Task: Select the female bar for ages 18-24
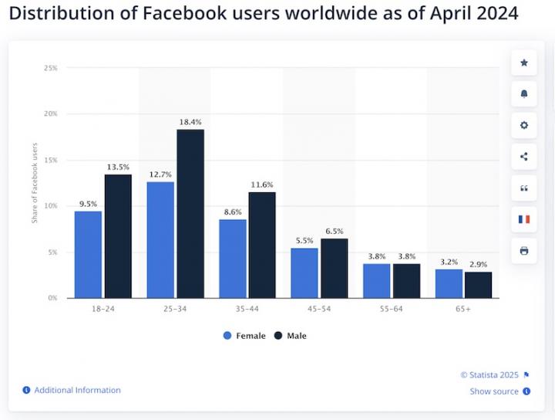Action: click(x=88, y=255)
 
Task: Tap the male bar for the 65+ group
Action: click(x=478, y=285)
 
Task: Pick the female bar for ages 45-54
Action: click(x=304, y=273)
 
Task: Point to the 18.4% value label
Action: click(x=190, y=122)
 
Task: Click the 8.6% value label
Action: click(x=232, y=212)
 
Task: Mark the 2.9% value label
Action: click(x=478, y=264)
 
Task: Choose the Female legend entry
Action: click(x=244, y=336)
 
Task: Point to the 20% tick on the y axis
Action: click(x=51, y=114)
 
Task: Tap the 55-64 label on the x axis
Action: click(x=391, y=309)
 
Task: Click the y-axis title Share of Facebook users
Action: click(x=35, y=183)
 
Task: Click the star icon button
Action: click(x=524, y=63)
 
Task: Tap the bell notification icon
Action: click(x=524, y=94)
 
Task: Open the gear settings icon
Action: click(x=524, y=125)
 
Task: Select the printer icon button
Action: click(x=524, y=251)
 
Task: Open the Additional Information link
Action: click(x=77, y=391)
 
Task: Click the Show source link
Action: click(x=494, y=391)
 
